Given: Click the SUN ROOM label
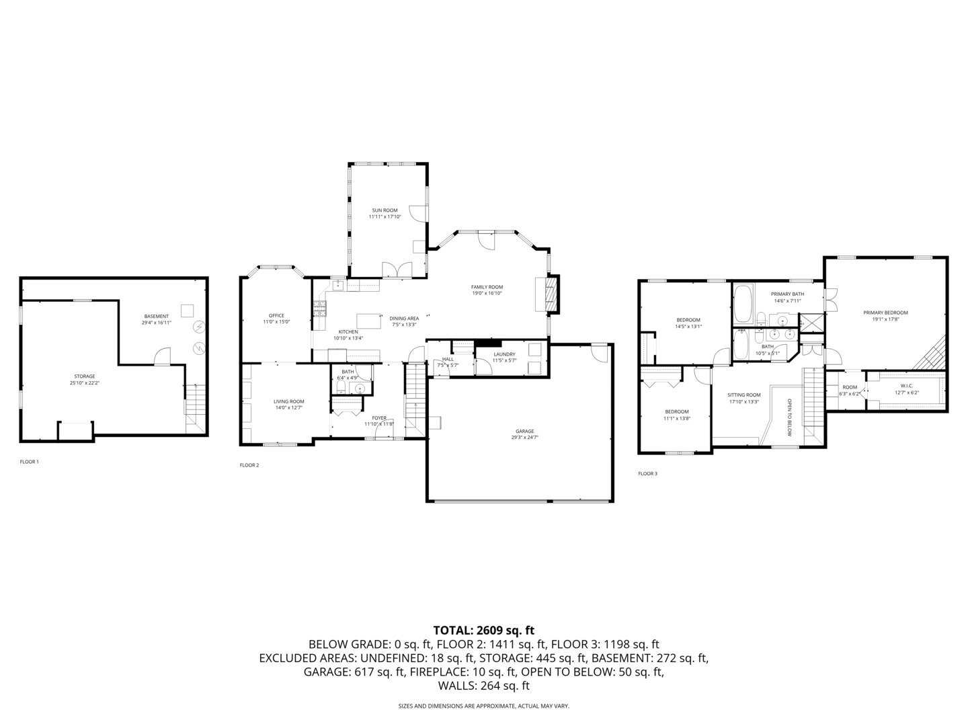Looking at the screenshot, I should point(385,210).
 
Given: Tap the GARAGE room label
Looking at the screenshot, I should point(524,431).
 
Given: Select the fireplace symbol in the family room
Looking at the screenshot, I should point(551,294).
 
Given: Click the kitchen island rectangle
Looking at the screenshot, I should point(368,319).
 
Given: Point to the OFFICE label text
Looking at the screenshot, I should point(276,315).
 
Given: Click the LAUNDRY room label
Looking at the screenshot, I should point(504,354).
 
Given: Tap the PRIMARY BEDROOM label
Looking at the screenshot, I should point(885,313).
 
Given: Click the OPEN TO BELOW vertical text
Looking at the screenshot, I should point(790,417).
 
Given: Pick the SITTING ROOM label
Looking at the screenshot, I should point(744,395).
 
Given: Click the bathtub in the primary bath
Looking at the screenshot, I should point(743,305).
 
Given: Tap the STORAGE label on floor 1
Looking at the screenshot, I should point(84,376).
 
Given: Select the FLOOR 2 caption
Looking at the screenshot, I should point(249,465).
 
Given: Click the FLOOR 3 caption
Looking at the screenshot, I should point(647,474).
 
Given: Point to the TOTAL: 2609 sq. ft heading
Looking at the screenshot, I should point(483,631).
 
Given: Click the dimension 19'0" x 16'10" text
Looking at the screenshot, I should point(487,293).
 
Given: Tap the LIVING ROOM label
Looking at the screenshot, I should point(288,401).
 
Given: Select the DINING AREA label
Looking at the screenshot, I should point(404,319).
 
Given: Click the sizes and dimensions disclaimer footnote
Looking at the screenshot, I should point(483,707).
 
